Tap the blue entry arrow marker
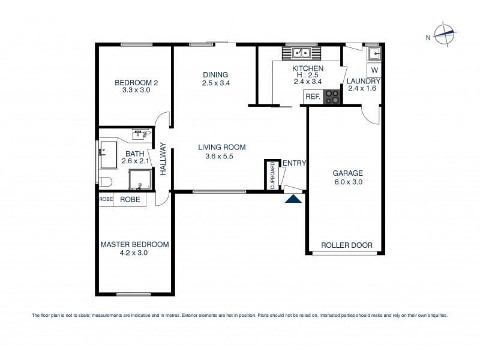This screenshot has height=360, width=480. (x=293, y=199)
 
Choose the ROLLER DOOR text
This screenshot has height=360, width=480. (x=347, y=245)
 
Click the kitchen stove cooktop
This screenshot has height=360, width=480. (x=331, y=96)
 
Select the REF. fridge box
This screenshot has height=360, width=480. (x=313, y=97)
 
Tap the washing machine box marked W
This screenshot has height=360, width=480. (x=374, y=70)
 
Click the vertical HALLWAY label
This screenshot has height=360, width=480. (x=163, y=158)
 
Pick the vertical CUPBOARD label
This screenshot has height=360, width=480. (x=272, y=175)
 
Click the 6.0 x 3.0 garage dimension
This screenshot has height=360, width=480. (x=348, y=182)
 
